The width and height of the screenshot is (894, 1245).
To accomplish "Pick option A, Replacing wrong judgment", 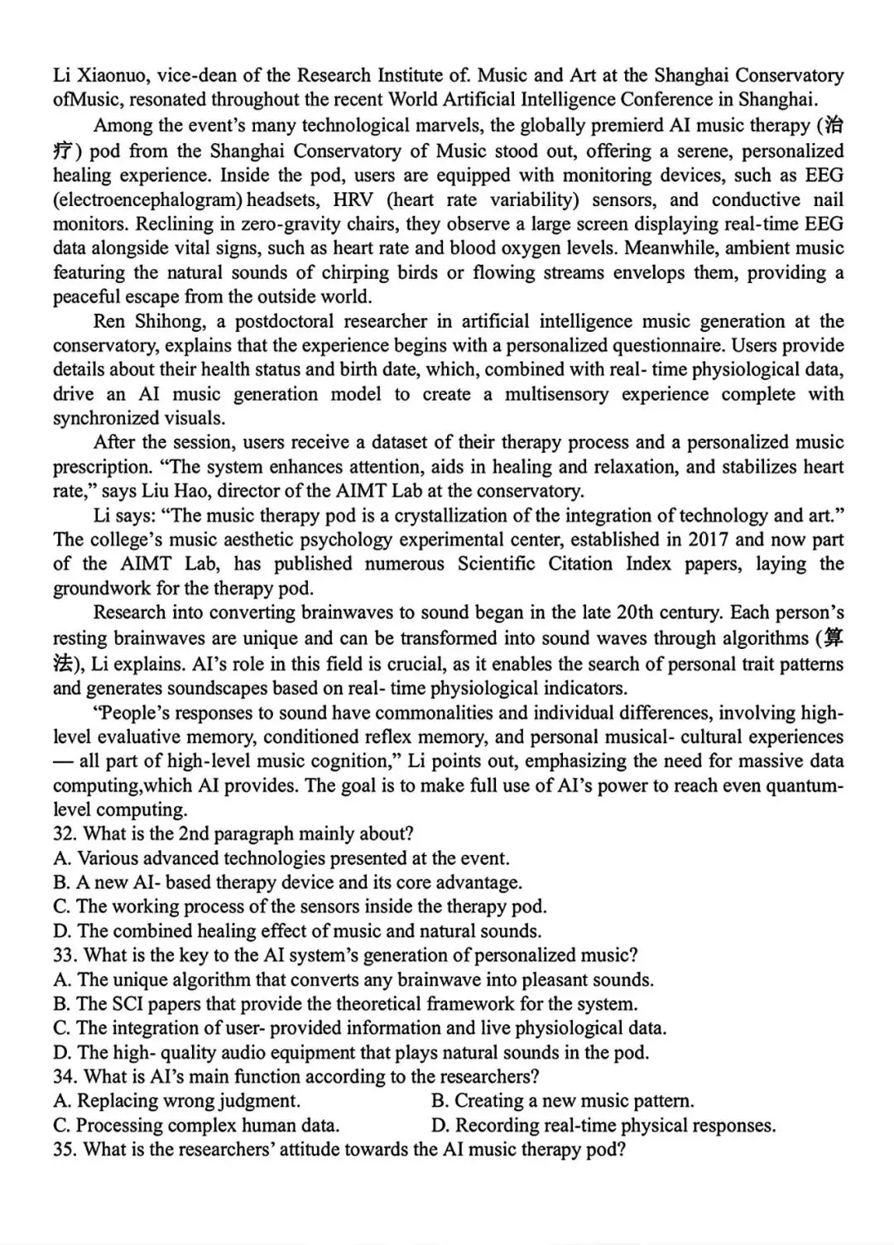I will [x=177, y=1101].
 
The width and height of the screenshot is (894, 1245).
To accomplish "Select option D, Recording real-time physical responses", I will [x=603, y=1126].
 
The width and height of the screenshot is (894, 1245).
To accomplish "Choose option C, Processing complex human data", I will [x=196, y=1126].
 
